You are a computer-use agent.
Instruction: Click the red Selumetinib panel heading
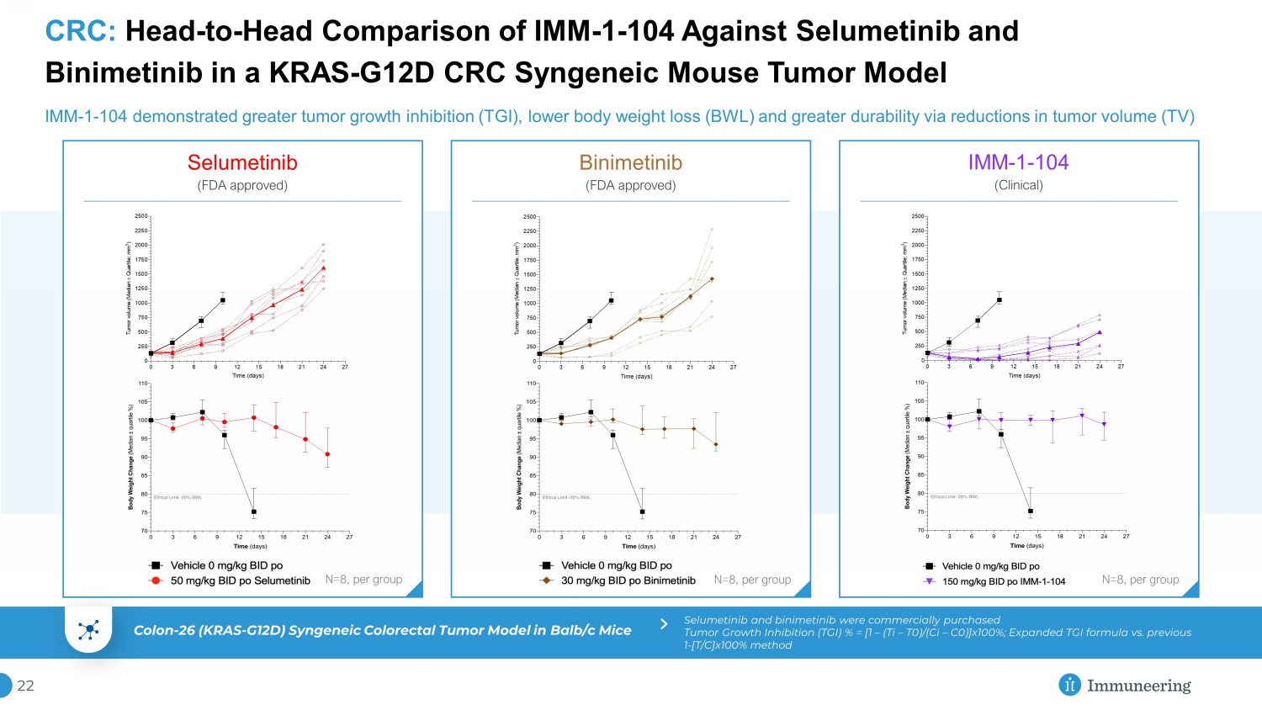pos(242,162)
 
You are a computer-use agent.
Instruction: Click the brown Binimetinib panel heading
pos(630,162)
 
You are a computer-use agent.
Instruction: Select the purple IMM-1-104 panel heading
pos(1018,162)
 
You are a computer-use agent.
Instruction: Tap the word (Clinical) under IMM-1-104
pos(1018,185)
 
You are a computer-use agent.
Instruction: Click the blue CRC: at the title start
pos(80,32)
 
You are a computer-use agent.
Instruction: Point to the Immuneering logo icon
pos(1069,685)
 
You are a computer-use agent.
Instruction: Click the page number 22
pos(26,686)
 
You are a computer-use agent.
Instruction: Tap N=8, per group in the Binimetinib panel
pos(752,580)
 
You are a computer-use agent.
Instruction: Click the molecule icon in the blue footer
pos(88,630)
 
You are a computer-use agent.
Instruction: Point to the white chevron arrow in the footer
pos(664,624)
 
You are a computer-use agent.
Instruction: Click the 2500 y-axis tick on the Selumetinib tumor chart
pos(141,216)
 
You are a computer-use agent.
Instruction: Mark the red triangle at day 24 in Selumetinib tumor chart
pos(323,268)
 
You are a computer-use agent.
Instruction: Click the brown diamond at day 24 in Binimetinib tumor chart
pos(712,279)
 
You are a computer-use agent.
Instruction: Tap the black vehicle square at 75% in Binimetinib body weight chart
pos(642,511)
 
